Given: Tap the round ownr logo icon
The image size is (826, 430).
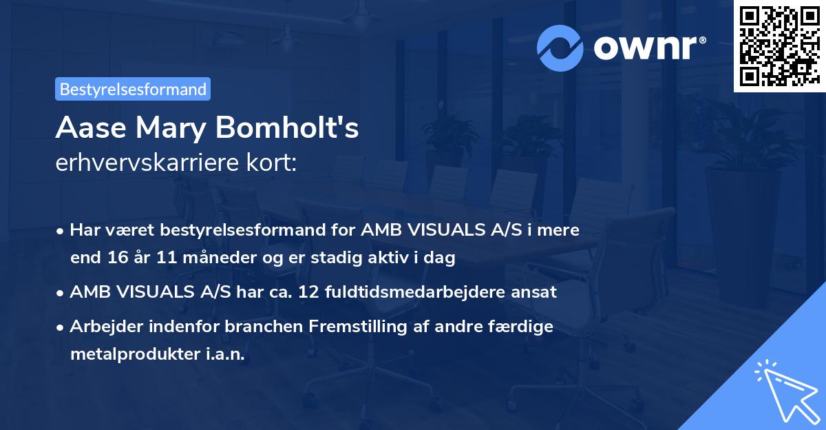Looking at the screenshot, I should pos(561,48).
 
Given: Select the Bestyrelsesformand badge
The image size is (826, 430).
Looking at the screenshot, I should pos(133,89).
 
